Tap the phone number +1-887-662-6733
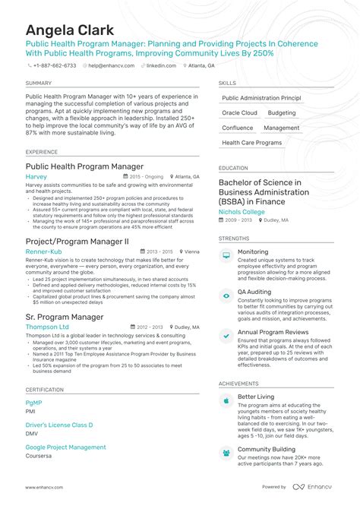pyautogui.click(x=55, y=66)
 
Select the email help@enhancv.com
pyautogui.click(x=112, y=66)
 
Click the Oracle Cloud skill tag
pyautogui.click(x=239, y=112)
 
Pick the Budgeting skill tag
pyautogui.click(x=283, y=112)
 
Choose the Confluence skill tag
pyautogui.click(x=238, y=128)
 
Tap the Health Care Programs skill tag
pyautogui.click(x=251, y=143)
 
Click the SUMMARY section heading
pyautogui.click(x=38, y=83)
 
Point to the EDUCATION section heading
pyautogui.click(x=233, y=168)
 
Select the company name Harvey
pyautogui.click(x=36, y=176)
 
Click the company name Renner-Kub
pyautogui.click(x=43, y=251)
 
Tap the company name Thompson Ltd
pyautogui.click(x=47, y=327)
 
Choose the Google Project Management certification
pyautogui.click(x=65, y=447)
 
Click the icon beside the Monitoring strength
pyautogui.click(x=226, y=256)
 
